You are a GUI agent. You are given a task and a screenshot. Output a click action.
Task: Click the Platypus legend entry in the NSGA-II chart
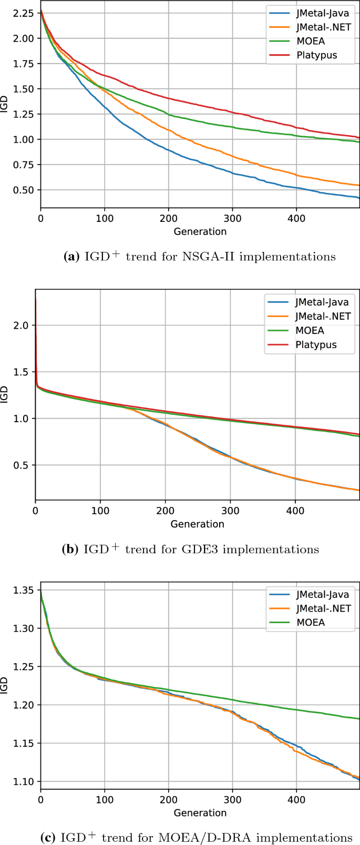point(316,55)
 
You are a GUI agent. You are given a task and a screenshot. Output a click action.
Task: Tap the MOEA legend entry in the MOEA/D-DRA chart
point(310,622)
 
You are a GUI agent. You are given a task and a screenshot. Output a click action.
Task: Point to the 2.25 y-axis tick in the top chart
point(23,13)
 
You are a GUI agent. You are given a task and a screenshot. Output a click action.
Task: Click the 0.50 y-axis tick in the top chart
point(23,190)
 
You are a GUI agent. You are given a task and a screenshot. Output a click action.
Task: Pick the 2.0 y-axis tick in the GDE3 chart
point(20,325)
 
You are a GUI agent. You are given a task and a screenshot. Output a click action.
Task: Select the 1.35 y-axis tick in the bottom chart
point(23,590)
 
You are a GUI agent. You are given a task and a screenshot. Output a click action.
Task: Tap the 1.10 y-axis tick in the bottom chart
point(23,781)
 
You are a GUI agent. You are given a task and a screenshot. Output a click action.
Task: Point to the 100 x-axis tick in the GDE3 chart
point(100,511)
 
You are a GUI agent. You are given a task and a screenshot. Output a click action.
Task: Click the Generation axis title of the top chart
point(200,231)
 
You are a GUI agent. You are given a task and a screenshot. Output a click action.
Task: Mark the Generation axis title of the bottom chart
point(200,812)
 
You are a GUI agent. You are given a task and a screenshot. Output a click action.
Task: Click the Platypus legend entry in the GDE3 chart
point(316,344)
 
